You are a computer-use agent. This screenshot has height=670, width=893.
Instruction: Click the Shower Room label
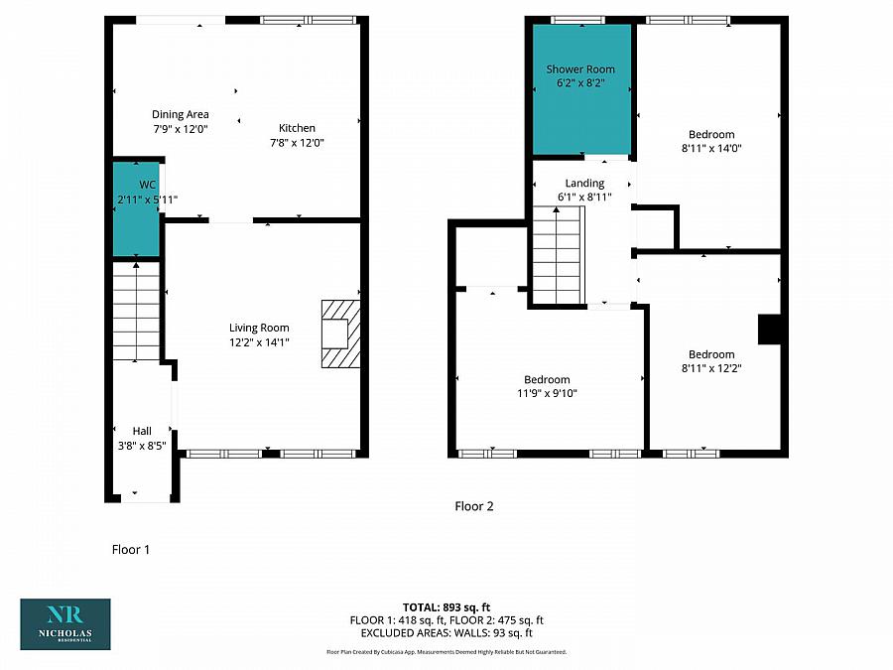580,68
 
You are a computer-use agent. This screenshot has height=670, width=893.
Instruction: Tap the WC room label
147,185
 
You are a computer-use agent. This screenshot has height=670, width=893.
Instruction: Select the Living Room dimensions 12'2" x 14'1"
259,342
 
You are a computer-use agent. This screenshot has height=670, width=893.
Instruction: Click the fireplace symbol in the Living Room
340,334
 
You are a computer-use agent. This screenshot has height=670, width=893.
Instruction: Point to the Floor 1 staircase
136,311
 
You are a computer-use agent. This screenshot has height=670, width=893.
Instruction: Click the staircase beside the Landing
558,255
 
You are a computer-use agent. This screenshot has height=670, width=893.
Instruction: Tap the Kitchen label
297,128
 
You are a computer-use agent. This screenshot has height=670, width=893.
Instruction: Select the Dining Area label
180,114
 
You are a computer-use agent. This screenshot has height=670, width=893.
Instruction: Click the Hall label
142,431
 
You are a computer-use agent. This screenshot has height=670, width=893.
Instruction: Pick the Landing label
584,183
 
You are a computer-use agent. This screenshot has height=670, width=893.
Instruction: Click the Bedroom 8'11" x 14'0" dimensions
711,148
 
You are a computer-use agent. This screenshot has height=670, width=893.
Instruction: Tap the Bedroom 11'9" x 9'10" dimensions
547,393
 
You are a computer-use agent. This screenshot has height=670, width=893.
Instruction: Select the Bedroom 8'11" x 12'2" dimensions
711,368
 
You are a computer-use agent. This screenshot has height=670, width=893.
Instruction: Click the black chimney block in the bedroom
769,330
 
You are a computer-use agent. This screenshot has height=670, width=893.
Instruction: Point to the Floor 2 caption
474,506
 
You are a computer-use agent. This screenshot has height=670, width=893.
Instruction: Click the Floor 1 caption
130,549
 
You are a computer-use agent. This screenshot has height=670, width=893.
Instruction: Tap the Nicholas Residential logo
65,624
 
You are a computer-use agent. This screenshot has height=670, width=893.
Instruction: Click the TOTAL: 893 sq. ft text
446,607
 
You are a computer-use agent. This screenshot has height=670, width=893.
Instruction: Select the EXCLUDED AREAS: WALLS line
446,633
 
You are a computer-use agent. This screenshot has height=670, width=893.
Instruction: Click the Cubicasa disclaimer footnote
446,652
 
